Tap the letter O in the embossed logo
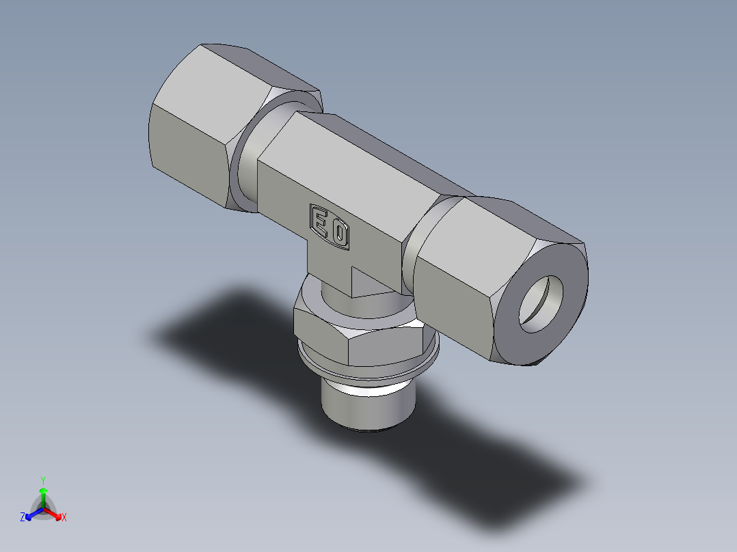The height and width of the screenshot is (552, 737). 340,234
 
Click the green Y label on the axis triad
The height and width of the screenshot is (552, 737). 43,480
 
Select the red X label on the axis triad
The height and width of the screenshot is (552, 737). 64,518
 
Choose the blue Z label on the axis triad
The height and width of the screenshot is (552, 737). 23,518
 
